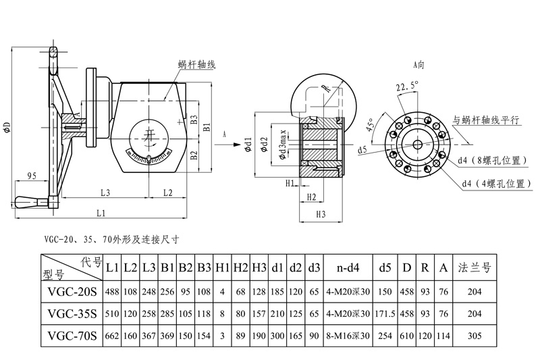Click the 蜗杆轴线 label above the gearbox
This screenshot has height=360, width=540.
pyautogui.click(x=196, y=65)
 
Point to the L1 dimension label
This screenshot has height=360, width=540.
pyautogui.click(x=101, y=213)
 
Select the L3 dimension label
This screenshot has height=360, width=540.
pyautogui.click(x=105, y=192)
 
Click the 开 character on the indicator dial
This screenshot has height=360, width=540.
pyautogui.click(x=149, y=135)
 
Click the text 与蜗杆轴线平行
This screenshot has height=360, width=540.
pyautogui.click(x=486, y=119)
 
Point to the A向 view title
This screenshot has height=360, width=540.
pyautogui.click(x=420, y=65)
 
